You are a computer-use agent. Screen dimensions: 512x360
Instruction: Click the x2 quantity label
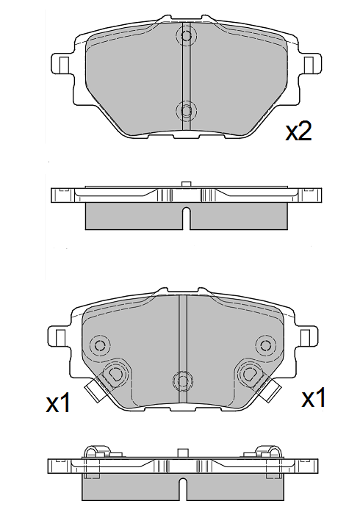coord(299,131)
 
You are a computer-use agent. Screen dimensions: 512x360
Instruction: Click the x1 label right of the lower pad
coord(314,399)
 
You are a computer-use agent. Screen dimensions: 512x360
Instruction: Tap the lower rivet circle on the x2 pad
coord(186,111)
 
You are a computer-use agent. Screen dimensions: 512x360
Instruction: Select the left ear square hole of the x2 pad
coord(62,63)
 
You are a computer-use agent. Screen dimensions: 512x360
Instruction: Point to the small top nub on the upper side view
coord(185,184)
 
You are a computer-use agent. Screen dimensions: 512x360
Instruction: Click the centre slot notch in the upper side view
coord(186,217)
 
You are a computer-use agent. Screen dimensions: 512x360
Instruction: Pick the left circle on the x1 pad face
coord(101,345)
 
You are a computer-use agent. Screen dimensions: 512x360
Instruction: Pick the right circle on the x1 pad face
coord(264,344)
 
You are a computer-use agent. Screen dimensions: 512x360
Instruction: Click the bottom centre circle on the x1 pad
coord(182,380)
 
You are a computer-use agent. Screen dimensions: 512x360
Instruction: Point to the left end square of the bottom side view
coord(54,466)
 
